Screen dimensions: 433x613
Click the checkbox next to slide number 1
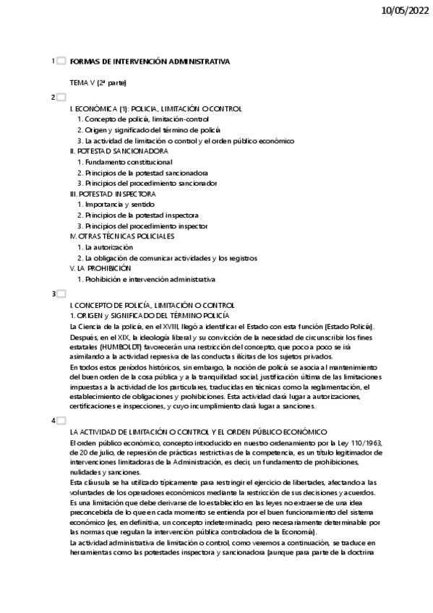[x=61, y=61]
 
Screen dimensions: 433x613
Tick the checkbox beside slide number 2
[x=61, y=97]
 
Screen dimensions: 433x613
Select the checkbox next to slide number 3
[x=61, y=294]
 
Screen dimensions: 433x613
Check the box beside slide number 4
[x=61, y=420]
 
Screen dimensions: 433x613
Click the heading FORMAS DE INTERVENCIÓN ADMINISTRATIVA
[x=150, y=62]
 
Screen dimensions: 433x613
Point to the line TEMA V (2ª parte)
[x=98, y=83]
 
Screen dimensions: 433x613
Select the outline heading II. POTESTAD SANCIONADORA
[x=119, y=152]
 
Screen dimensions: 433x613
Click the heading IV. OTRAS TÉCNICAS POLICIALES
[x=122, y=236]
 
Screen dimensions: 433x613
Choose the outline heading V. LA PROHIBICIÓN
[x=100, y=268]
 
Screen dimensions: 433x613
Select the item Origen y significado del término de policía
[x=148, y=130]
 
